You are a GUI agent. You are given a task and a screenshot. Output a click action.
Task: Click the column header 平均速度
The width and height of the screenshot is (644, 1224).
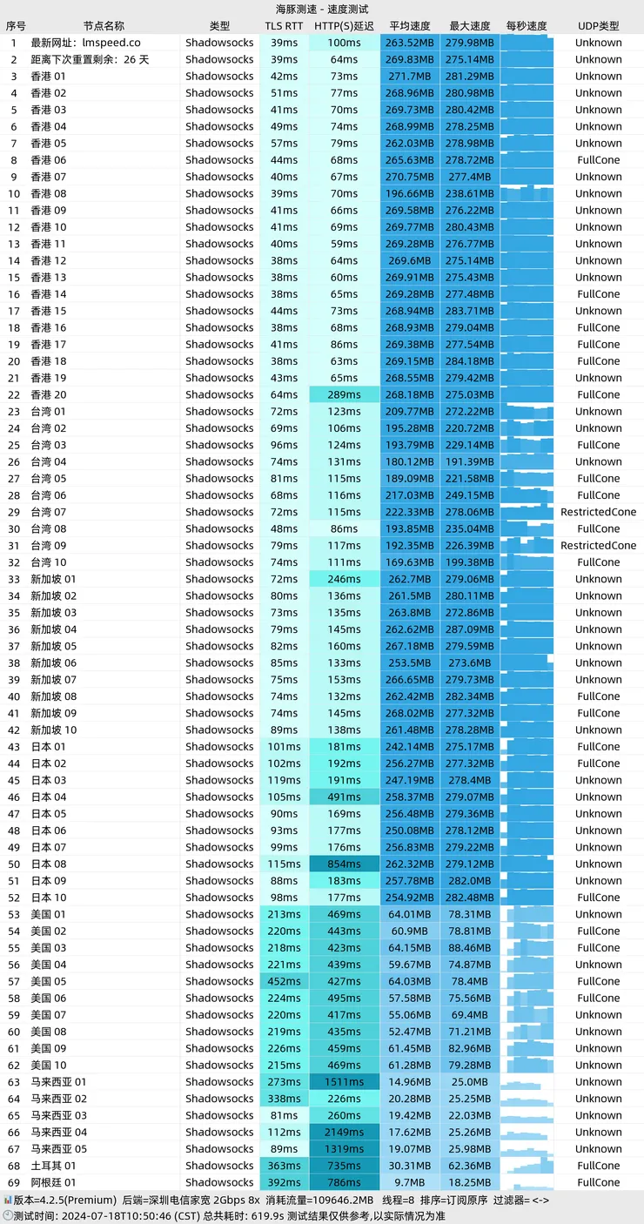point(410,26)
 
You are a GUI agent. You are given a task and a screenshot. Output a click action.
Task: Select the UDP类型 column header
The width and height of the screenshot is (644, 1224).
point(598,26)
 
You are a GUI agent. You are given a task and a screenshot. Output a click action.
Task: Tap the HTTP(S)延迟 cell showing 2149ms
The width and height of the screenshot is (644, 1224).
point(344,1132)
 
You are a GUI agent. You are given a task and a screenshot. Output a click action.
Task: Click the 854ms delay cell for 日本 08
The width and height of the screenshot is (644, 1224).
point(344,864)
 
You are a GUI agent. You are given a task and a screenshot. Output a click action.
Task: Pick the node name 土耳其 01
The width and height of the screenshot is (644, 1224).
point(54,1166)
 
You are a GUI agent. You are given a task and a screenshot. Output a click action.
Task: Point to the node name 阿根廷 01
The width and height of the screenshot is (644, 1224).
point(54,1182)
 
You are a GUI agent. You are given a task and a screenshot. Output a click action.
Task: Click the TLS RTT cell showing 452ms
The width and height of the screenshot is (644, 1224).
point(284,981)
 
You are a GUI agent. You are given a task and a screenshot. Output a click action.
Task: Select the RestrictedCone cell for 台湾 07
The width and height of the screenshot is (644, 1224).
point(598,512)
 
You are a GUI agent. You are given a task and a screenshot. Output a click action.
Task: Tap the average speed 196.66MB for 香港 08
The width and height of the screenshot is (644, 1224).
point(410,193)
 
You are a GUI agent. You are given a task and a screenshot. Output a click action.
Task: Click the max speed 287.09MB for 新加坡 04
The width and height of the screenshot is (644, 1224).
point(470,629)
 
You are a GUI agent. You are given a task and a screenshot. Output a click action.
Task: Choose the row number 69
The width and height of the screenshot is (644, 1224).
point(13,1182)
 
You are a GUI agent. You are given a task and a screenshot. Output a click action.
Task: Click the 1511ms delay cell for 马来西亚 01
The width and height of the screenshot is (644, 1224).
point(344,1082)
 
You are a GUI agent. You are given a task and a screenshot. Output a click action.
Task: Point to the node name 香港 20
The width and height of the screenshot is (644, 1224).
point(49,394)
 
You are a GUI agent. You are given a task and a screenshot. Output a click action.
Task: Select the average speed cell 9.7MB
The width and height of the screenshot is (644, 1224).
point(410,1182)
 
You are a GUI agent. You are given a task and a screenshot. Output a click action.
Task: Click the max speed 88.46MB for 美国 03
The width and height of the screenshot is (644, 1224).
point(470,948)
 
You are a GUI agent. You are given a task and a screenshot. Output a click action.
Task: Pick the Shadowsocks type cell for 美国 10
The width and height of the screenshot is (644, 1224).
point(219,1065)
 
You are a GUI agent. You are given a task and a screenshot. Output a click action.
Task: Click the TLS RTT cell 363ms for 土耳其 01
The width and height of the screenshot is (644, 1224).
point(284,1166)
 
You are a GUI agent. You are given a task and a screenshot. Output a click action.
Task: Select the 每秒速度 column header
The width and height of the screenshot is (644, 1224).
point(527,26)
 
